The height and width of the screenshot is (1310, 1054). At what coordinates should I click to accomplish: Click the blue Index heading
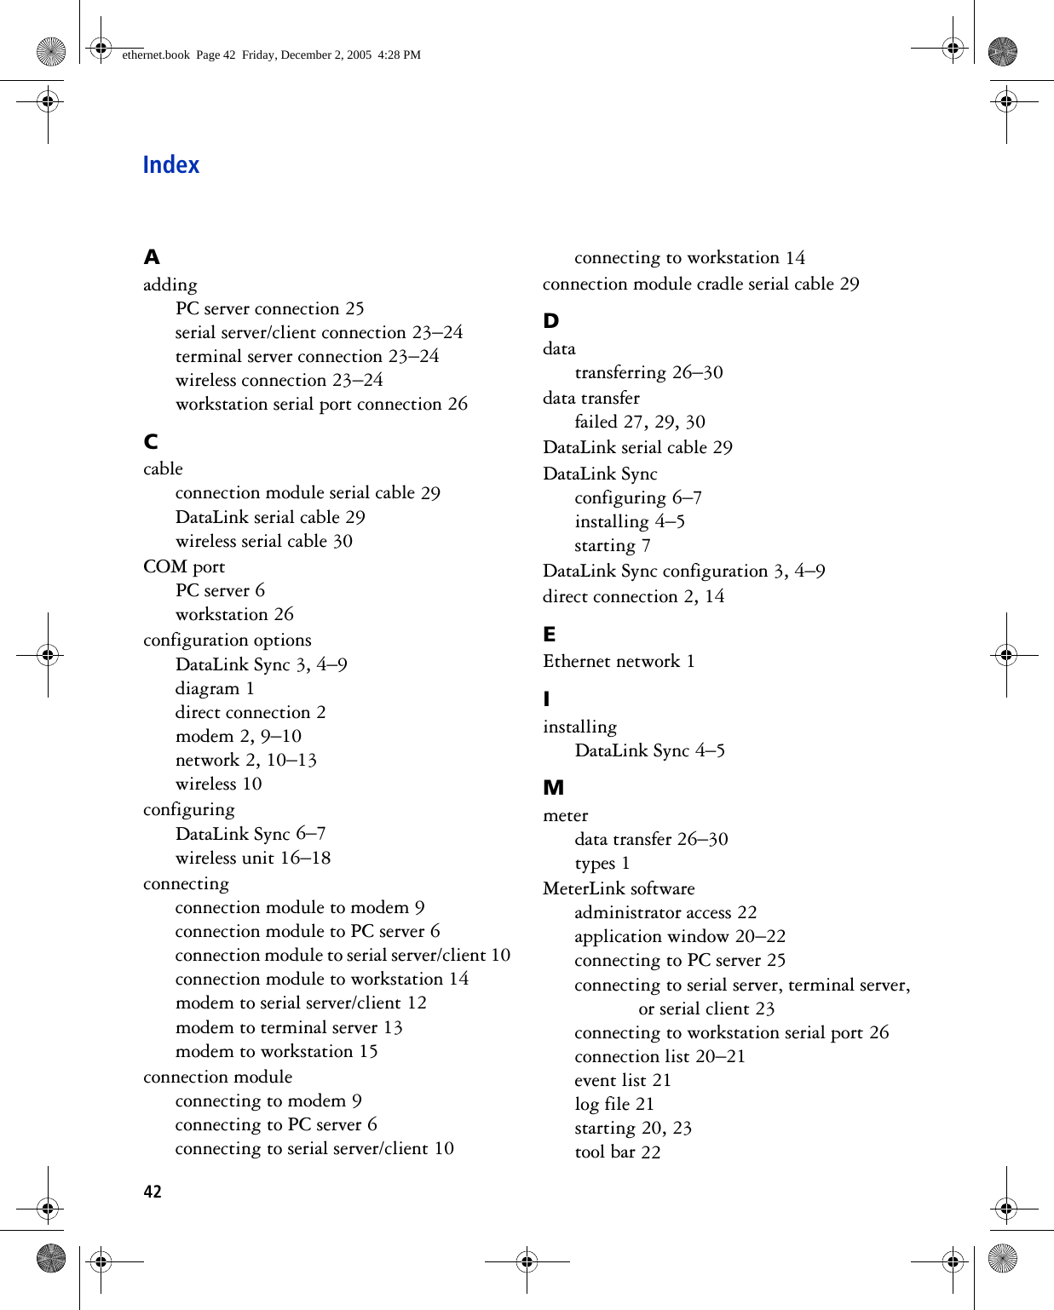[170, 164]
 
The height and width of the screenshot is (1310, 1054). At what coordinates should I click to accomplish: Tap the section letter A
[152, 257]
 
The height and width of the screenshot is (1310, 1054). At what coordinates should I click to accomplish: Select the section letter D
[551, 321]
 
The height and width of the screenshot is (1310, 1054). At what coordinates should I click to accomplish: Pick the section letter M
[554, 788]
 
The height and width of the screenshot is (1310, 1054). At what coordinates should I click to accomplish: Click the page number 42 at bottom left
[153, 1192]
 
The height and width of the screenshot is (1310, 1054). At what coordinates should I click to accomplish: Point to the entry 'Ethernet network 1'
[619, 661]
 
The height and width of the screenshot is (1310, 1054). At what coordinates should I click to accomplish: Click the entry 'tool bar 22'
[617, 1152]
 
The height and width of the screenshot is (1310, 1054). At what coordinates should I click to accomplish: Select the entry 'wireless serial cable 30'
[263, 541]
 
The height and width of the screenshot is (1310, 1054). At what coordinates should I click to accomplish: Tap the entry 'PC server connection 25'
[269, 308]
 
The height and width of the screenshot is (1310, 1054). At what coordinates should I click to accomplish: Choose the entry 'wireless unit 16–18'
[252, 858]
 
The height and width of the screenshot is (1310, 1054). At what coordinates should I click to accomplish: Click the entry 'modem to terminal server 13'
[288, 1027]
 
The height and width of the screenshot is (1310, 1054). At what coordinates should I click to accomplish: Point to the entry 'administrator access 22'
[665, 912]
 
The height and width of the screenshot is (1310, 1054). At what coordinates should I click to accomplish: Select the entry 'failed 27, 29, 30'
[639, 422]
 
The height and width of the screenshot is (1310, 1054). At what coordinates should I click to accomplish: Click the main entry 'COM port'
[184, 566]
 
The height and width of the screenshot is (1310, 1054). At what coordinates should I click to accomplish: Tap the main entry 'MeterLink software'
[619, 888]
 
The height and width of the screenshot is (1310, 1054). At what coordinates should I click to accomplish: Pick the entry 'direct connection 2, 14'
[633, 596]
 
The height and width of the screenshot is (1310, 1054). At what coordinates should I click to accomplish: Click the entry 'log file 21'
[613, 1104]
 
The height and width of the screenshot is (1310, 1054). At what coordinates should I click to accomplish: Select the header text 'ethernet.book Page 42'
[179, 55]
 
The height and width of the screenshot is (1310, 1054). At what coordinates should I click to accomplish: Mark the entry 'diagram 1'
[215, 688]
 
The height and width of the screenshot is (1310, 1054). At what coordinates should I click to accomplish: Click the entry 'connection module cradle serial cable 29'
[700, 284]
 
